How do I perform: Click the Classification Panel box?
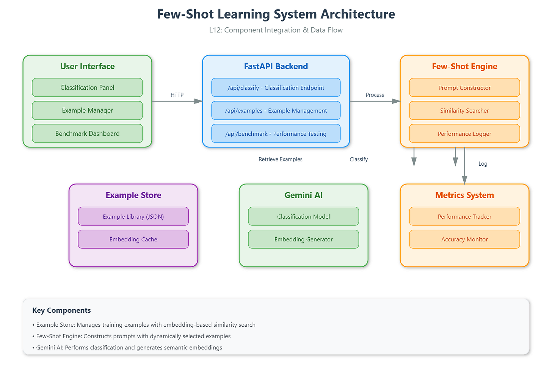pos(87,88)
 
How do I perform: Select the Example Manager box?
pos(87,111)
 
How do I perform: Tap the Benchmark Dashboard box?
pos(87,133)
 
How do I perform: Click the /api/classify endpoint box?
pos(276,88)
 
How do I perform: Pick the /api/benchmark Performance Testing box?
pos(276,134)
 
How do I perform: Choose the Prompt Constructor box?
pos(464,88)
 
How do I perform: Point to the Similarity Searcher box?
pos(464,111)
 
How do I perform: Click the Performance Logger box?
pos(464,134)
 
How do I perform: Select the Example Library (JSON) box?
pos(133,216)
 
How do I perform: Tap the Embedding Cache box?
pos(133,240)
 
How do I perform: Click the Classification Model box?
pos(303,216)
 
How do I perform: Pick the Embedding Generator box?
pos(303,240)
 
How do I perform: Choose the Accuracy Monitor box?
pos(464,240)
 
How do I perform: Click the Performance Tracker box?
pos(464,216)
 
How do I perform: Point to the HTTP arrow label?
pos(177,95)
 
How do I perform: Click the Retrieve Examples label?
pos(281,160)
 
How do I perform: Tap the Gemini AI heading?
pos(303,195)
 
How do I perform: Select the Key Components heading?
pos(61,310)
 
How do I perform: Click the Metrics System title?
pos(464,195)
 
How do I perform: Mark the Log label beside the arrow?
pos(483,164)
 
